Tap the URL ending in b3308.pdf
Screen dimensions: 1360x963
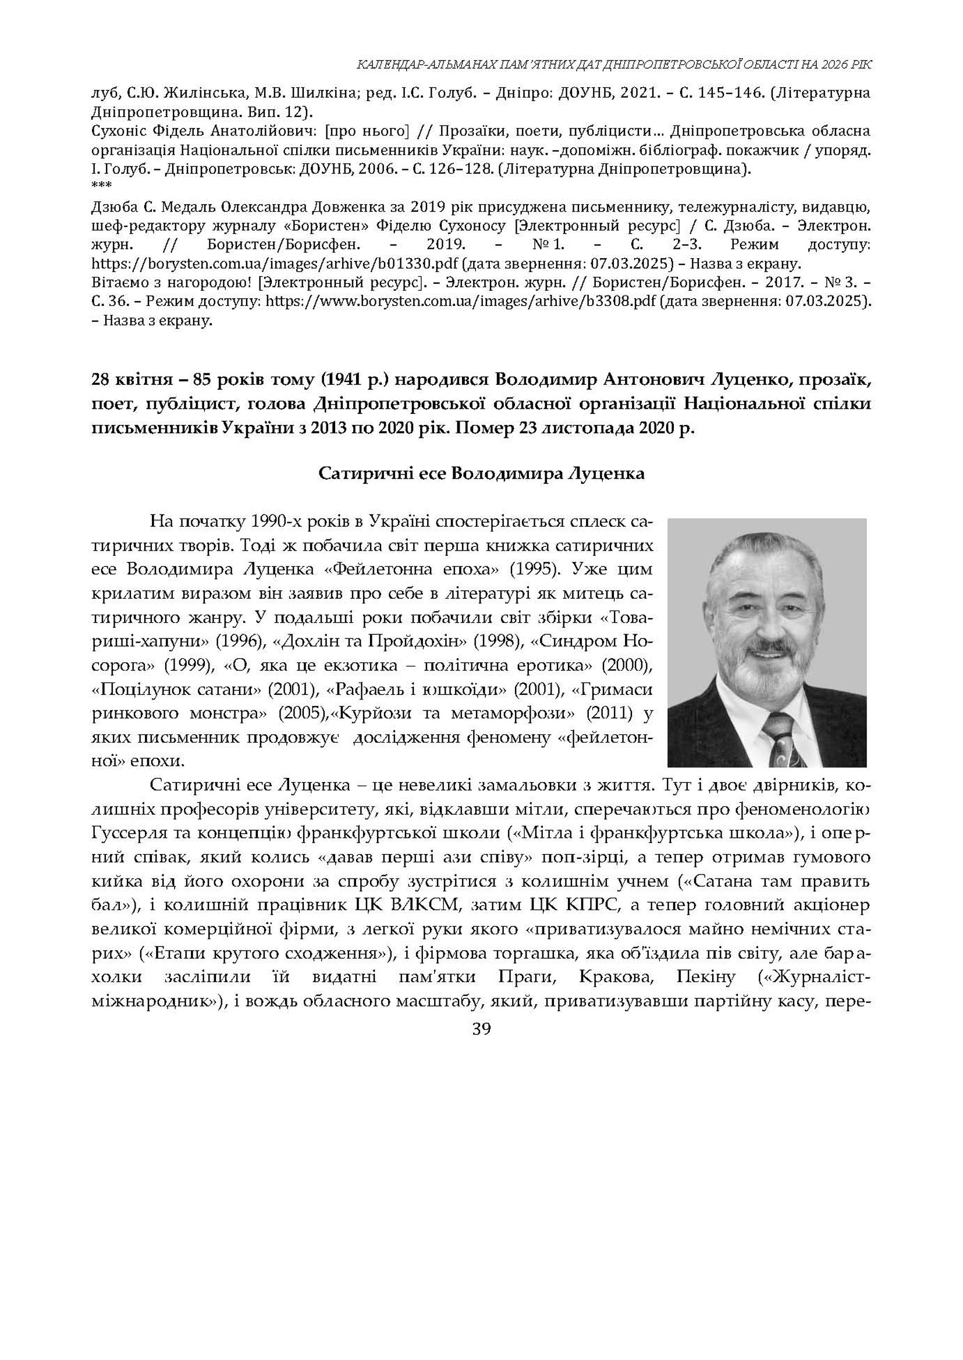point(461,301)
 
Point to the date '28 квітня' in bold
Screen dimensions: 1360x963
point(132,379)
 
